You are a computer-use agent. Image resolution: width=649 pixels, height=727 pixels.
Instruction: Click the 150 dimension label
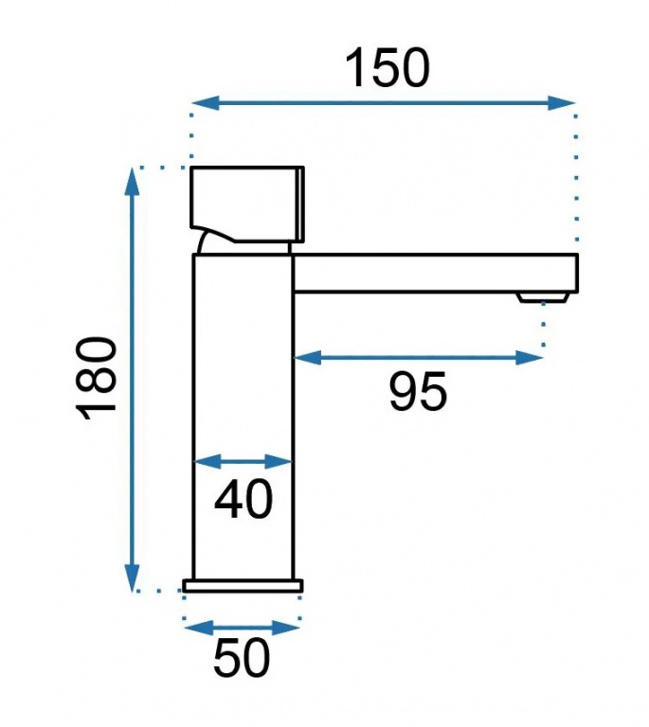coord(388,68)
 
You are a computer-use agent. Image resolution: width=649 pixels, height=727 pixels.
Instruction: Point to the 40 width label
coord(243,499)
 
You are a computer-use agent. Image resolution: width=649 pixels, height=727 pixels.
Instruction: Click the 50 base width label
coord(242,658)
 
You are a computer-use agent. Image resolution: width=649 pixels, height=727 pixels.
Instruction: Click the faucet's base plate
coord(243,586)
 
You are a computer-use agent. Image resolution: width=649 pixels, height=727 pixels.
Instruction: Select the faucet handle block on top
coord(247,204)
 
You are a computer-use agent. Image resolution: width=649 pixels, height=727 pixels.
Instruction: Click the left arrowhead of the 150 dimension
coord(206,103)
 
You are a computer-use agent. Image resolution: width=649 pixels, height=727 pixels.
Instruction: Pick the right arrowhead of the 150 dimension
coord(562,103)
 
